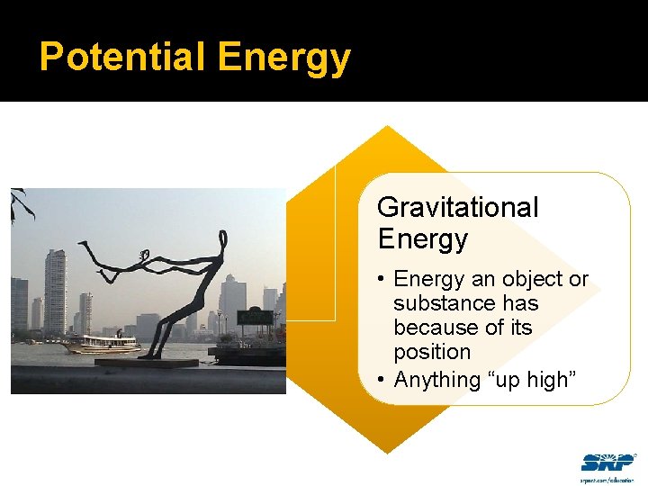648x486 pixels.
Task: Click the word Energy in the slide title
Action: coord(283,58)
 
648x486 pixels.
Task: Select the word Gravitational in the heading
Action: coord(457,207)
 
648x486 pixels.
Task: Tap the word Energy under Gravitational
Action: coord(422,239)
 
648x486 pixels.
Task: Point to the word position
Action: coord(432,352)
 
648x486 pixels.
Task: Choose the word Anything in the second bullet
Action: coord(437,380)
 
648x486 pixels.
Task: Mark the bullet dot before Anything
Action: coord(382,380)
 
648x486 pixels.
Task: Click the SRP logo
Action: coord(607,463)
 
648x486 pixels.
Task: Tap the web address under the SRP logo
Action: coord(607,479)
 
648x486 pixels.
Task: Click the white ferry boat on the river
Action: coord(101,344)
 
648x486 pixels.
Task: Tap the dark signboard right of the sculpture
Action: coord(255,317)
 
